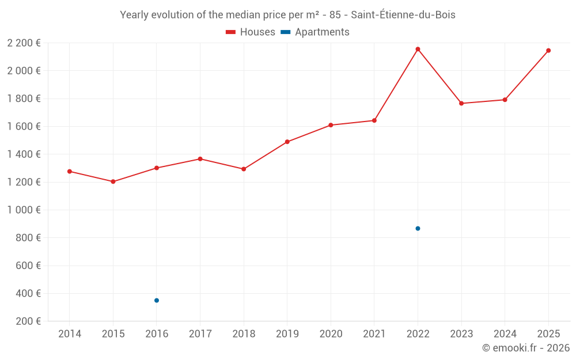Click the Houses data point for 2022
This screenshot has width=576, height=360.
click(418, 49)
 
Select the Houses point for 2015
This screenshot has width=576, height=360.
click(113, 181)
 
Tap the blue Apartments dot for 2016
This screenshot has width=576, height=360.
click(157, 300)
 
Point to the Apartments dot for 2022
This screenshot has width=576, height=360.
click(418, 229)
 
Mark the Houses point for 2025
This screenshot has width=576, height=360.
click(548, 50)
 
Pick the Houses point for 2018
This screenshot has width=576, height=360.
click(244, 169)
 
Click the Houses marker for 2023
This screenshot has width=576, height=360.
click(461, 103)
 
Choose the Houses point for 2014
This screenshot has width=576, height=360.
click(70, 171)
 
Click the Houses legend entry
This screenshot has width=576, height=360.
click(251, 32)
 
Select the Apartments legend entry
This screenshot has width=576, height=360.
click(315, 32)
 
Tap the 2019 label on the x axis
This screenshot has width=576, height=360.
click(287, 334)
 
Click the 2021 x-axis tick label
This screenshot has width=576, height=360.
click(374, 334)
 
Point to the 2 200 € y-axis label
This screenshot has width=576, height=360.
click(24, 43)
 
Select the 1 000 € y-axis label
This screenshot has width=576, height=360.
click(24, 210)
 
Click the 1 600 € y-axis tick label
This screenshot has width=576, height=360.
click(24, 126)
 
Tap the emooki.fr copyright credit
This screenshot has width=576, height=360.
click(526, 348)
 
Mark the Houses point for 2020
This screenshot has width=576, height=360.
click(331, 125)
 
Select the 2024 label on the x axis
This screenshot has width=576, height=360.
click(505, 334)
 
